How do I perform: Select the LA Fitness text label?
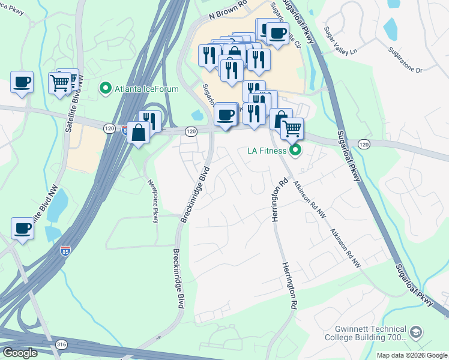(x=267, y=150)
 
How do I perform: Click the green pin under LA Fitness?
(x=295, y=150)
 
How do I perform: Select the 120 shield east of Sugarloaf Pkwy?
(x=364, y=144)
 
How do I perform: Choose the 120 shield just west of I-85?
(x=109, y=128)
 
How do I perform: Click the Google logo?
(x=20, y=353)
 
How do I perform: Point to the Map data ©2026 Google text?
(x=411, y=355)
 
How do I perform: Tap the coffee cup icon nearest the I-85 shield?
(x=23, y=228)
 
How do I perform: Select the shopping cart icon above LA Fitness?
(x=292, y=128)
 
